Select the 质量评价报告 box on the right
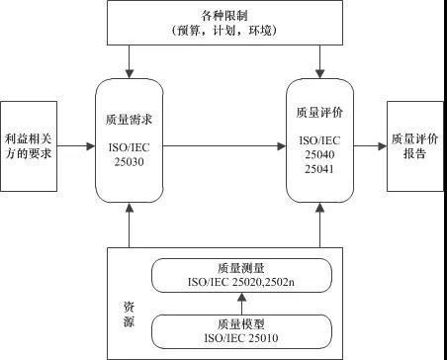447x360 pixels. point(414,145)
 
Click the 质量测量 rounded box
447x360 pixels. point(240,273)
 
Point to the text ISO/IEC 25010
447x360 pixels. point(241,337)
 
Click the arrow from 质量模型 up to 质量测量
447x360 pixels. point(241,302)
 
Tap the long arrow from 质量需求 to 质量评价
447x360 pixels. point(223,146)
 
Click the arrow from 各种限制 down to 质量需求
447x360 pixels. point(130,61)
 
